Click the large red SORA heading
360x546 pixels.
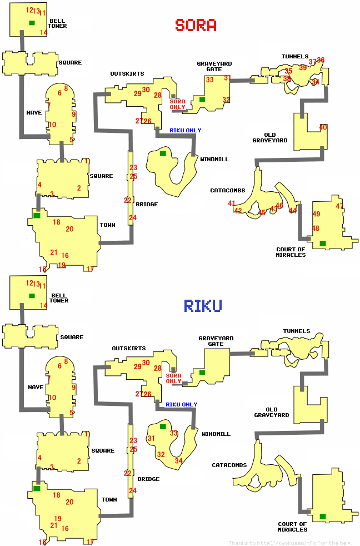196,25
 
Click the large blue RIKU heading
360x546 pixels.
203,305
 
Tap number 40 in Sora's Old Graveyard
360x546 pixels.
323,127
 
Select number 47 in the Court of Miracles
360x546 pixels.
339,206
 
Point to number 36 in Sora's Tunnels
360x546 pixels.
321,60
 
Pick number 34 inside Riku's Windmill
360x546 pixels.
178,461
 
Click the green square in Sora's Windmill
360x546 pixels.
163,153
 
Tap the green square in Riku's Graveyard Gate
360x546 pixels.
202,372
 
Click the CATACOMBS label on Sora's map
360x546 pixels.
227,191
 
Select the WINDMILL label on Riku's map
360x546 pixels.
216,434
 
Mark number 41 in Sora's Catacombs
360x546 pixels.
232,203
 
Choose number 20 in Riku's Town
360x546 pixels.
69,502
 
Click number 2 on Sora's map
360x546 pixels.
79,188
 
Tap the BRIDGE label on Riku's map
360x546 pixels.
148,479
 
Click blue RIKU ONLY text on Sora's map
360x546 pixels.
186,131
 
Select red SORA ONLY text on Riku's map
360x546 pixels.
173,379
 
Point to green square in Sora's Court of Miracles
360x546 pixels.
323,243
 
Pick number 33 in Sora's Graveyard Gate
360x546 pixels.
209,80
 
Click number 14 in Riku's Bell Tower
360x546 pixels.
43,305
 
